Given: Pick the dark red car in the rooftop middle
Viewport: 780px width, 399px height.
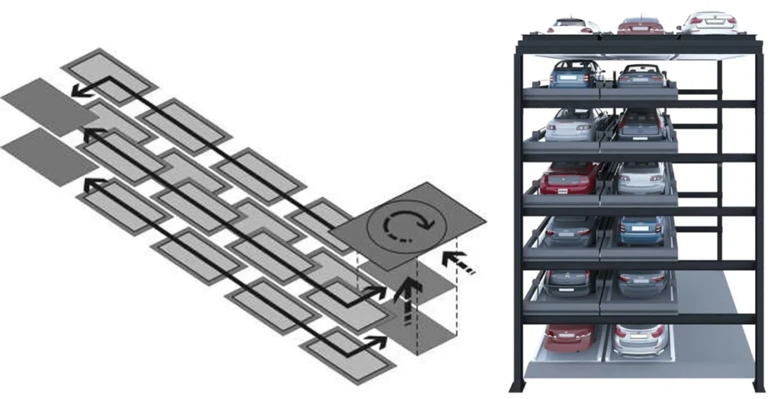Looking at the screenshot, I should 640,24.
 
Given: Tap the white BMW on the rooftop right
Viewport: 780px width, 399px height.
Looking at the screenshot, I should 708,22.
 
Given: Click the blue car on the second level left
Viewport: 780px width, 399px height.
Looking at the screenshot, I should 576,74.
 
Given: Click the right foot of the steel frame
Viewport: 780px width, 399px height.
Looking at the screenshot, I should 759,385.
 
